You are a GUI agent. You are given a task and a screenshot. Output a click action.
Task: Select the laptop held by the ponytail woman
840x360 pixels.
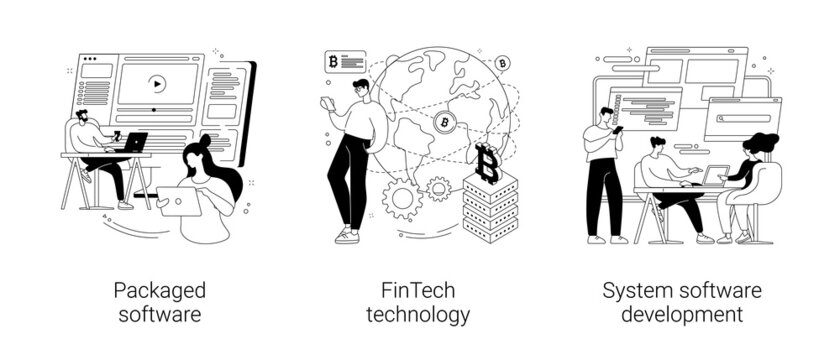tap(178, 202)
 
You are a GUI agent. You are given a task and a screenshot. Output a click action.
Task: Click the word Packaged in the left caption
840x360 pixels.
tap(160, 291)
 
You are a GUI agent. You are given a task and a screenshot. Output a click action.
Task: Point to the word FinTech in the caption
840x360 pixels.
tap(417, 291)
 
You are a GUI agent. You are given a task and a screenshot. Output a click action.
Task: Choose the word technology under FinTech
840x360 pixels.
tap(417, 315)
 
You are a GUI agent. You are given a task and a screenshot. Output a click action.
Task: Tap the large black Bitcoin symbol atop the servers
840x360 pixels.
tap(487, 163)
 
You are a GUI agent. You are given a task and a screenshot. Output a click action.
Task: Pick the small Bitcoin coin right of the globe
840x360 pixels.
tap(503, 63)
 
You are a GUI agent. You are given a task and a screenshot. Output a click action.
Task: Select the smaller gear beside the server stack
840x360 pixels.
tap(438, 187)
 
